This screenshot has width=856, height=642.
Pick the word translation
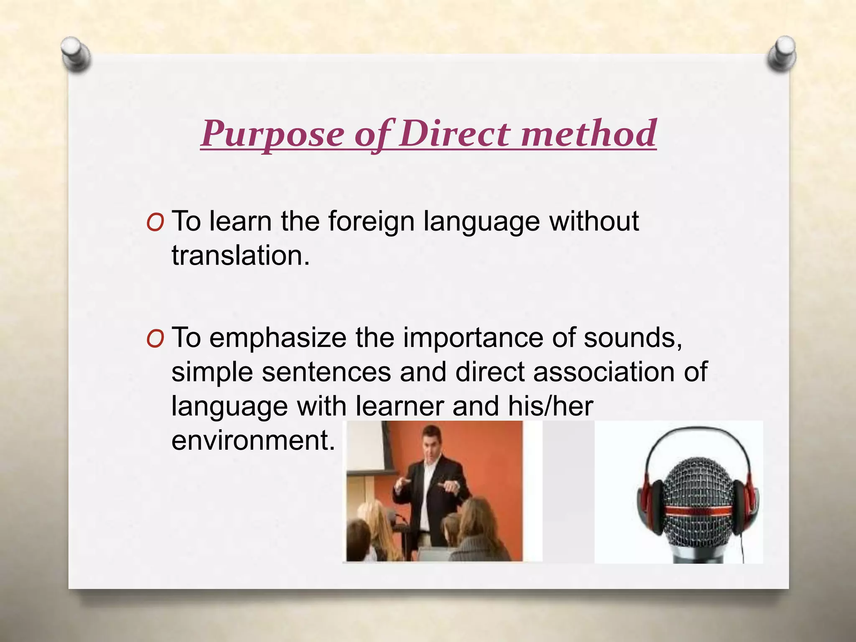(240, 256)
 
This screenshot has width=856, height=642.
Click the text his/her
(550, 406)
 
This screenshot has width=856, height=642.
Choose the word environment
(253, 441)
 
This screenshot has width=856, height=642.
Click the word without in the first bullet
(594, 222)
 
